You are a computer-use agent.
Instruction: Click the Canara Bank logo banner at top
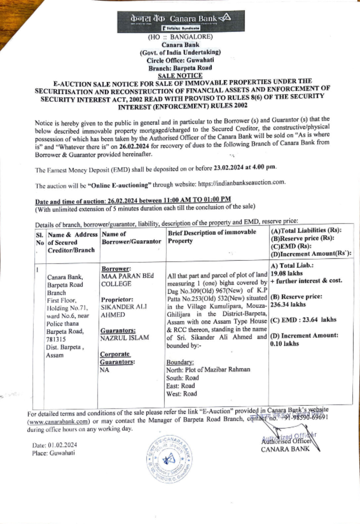pos(180,21)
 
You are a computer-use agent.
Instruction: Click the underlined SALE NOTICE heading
pos(180,76)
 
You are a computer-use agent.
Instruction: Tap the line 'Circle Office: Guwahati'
pos(180,60)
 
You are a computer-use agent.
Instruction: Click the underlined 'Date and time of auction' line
pos(133,200)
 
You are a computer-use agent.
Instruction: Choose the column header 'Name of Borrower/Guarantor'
pos(131,238)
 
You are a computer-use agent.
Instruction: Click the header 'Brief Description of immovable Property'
pos(212,236)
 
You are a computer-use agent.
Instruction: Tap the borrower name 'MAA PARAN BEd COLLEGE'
pos(127,280)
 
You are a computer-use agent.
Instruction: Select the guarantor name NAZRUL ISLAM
pos(125,338)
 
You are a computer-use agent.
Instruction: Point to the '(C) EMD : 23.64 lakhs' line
pos(303,320)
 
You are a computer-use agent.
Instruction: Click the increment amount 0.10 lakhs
pos(284,344)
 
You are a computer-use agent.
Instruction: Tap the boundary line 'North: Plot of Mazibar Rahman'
pos(208,370)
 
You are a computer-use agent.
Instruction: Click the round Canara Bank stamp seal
pos(168,458)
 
